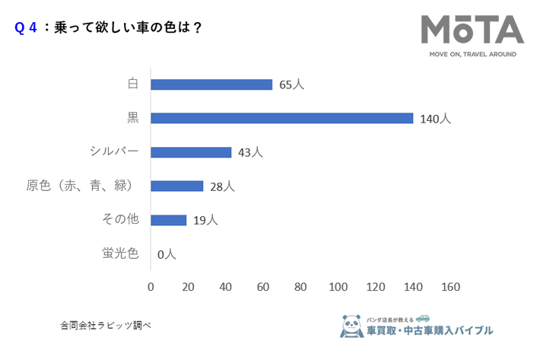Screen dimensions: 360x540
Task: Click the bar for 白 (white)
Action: tap(211, 84)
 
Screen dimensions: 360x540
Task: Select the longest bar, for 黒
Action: tap(281, 118)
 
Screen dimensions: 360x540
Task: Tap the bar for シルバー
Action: tap(191, 152)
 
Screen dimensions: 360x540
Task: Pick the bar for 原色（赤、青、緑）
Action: tap(177, 186)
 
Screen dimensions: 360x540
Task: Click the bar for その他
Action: tap(169, 220)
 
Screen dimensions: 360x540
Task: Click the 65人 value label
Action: tap(291, 85)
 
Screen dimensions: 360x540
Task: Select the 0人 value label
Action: tap(167, 254)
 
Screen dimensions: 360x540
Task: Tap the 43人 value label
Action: tap(250, 153)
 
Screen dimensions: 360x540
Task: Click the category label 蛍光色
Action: tap(120, 253)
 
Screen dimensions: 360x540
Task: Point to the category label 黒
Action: tap(132, 118)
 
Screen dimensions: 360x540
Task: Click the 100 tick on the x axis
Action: tap(338, 287)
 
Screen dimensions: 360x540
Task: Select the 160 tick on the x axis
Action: tap(450, 287)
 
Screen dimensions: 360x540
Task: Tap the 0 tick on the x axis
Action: tap(151, 287)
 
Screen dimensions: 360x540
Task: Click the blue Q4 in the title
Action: tap(26, 27)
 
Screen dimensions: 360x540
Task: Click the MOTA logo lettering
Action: tap(472, 30)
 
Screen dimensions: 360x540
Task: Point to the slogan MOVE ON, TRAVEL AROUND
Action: tap(472, 55)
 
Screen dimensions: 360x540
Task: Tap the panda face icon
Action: tap(351, 327)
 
